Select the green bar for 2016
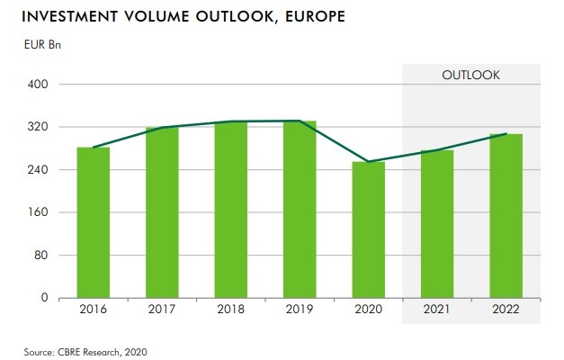click(94, 222)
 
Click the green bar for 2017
click(162, 212)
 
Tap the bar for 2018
click(230, 209)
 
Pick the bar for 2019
click(299, 209)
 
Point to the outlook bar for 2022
click(506, 216)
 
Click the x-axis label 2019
click(299, 310)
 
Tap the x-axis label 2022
click(506, 310)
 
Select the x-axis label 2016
click(94, 310)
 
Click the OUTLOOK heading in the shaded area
click(470, 75)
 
